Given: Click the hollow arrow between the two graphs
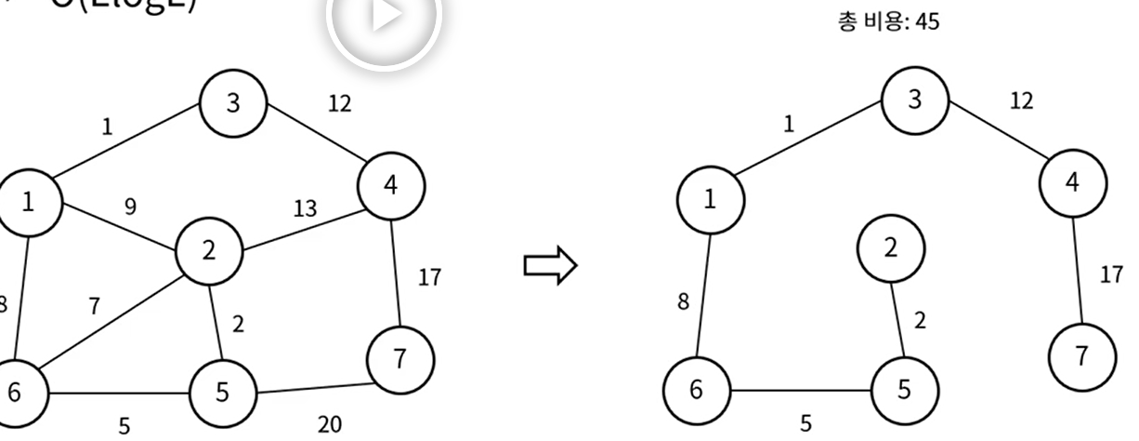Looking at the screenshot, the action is [551, 267].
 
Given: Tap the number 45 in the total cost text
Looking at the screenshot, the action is [926, 22].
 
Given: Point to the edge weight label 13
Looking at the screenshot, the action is [304, 210].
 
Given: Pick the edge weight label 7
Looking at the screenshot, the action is [94, 306].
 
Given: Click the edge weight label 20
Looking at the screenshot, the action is [330, 424].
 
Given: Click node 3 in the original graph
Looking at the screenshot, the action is [233, 102].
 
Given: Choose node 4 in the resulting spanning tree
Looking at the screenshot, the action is [1073, 182].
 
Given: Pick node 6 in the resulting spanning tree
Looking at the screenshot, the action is [696, 390].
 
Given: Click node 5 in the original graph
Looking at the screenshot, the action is [221, 392].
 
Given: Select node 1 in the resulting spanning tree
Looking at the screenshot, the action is [710, 200].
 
